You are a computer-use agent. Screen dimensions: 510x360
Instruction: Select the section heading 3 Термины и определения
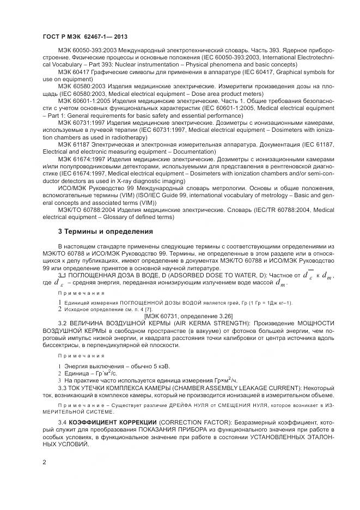pos(105,232)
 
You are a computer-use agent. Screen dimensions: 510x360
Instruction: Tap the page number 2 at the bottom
pos(44,463)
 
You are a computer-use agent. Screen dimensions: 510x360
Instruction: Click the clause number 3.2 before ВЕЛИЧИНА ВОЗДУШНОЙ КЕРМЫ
pos(63,324)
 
